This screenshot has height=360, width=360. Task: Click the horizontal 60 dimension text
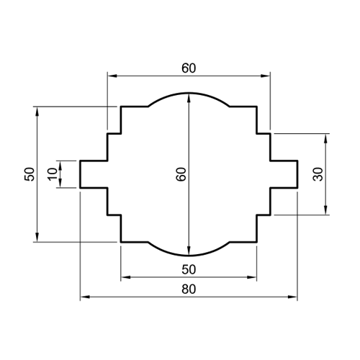[x=189, y=68]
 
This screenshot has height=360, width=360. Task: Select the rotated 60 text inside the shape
[x=181, y=174]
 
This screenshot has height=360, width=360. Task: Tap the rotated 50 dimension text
[x=29, y=174]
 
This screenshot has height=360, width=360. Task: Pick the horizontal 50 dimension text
[x=189, y=269]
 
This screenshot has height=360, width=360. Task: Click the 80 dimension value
[x=189, y=289]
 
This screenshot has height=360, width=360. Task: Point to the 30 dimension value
[x=318, y=174]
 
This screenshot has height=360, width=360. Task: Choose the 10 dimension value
[x=51, y=174]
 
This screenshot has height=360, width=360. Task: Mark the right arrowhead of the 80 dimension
[x=293, y=297]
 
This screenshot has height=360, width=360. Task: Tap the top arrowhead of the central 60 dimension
[x=189, y=97]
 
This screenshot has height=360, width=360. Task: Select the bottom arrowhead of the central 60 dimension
[x=189, y=251]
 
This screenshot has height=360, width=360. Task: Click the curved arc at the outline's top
[x=189, y=93]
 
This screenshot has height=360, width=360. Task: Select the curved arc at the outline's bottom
[x=189, y=256]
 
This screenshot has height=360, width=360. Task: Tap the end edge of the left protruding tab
[x=79, y=174]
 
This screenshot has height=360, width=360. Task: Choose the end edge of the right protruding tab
[x=297, y=174]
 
